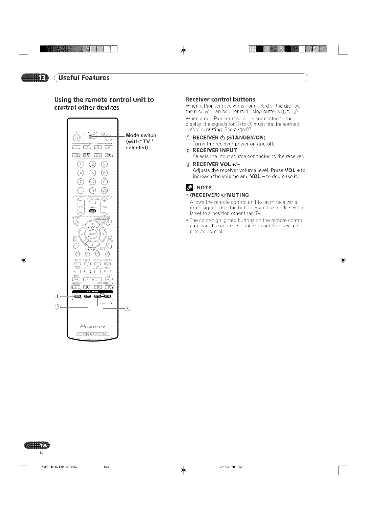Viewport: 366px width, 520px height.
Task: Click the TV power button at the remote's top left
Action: coord(76,138)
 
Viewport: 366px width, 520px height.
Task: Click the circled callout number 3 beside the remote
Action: coord(128,308)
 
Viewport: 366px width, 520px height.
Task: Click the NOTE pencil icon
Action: coord(189,188)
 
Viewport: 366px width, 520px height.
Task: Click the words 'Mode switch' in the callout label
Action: coord(141,135)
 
